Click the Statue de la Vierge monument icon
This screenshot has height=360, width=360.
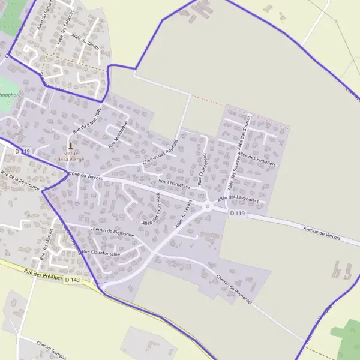tap(71, 146)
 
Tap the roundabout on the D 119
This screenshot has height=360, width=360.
tap(208, 206)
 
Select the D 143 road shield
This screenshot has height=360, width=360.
tap(72, 280)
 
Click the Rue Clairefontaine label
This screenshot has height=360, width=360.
tap(101, 253)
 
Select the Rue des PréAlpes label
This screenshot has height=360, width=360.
tap(44, 273)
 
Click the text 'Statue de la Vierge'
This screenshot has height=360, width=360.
tap(71, 156)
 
